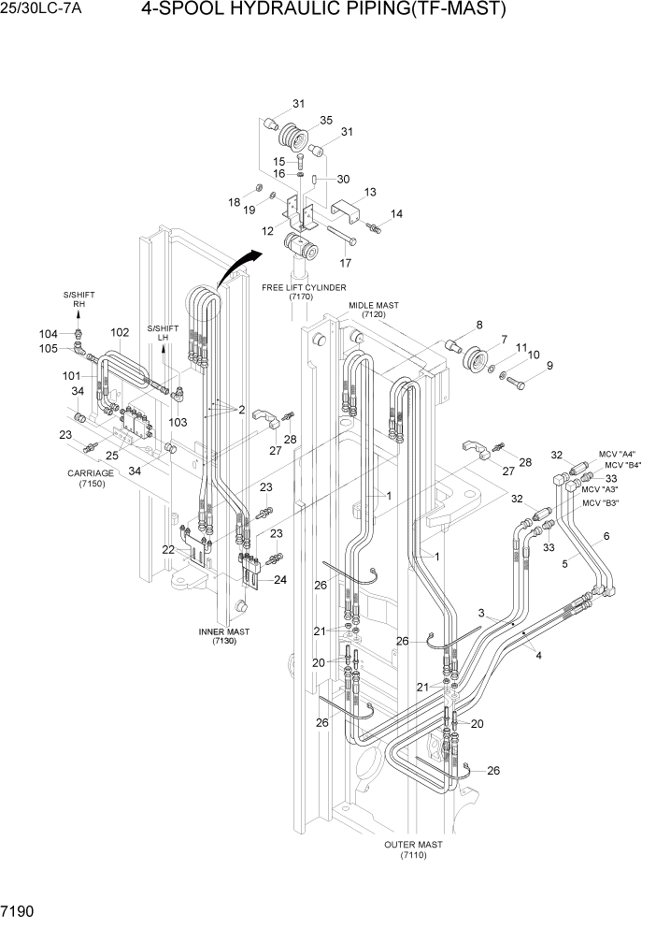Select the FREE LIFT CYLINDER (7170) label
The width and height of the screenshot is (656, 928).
pos(304,291)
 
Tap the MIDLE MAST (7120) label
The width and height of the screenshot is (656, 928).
pos(374,310)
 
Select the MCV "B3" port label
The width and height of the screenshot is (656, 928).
pos(603,503)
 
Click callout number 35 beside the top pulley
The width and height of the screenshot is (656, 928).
pos(326,120)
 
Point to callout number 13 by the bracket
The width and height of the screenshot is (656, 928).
pos(370,192)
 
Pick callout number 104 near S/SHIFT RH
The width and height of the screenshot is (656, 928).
pos(48,334)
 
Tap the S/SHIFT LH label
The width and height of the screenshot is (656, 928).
pos(163,333)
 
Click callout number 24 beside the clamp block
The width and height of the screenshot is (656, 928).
pos(279,579)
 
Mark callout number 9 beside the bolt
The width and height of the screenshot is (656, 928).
pos(549,366)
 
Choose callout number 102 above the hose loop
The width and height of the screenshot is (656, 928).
pos(120,332)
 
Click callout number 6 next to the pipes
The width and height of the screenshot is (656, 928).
pos(606,535)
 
